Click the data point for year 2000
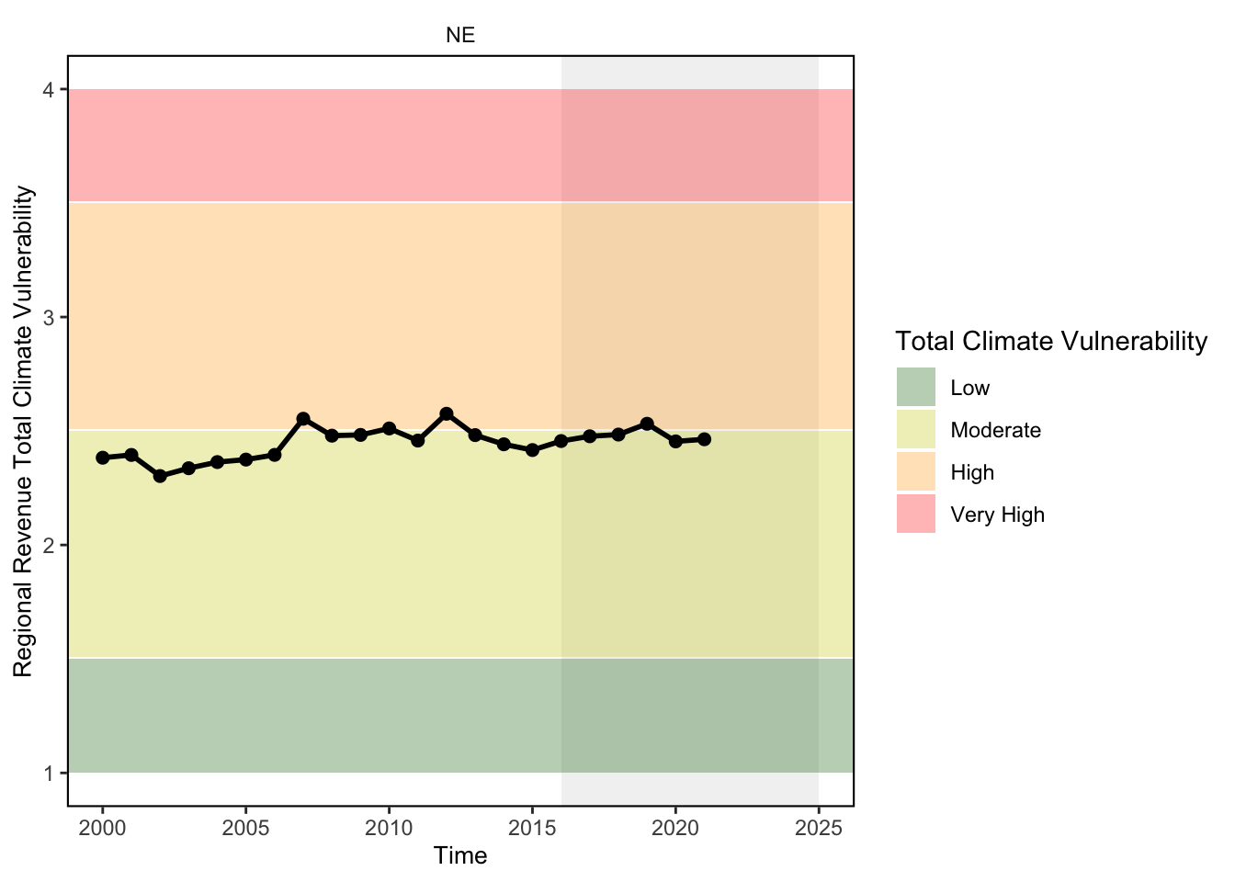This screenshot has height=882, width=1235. [103, 458]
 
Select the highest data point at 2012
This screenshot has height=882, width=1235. [447, 413]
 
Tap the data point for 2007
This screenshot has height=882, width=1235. [303, 418]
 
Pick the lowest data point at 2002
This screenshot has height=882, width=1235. [160, 476]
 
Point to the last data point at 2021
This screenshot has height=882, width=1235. [704, 439]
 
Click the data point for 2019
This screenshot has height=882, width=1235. [647, 424]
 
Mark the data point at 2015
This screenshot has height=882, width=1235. [532, 450]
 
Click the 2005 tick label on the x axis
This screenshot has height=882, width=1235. [245, 829]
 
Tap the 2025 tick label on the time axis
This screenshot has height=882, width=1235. [818, 829]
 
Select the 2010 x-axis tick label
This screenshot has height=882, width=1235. [389, 829]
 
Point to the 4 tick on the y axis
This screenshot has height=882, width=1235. [49, 90]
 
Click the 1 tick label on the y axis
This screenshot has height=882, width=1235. [49, 774]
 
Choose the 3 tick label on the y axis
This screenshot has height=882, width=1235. [49, 318]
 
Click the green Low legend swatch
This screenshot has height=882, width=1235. [916, 387]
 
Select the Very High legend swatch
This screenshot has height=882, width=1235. [916, 514]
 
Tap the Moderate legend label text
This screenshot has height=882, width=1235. [996, 430]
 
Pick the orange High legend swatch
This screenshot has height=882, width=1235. [916, 471]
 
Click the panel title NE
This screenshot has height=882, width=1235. [460, 35]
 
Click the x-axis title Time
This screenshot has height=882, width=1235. [460, 856]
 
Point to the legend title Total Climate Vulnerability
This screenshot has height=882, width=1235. [1051, 341]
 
